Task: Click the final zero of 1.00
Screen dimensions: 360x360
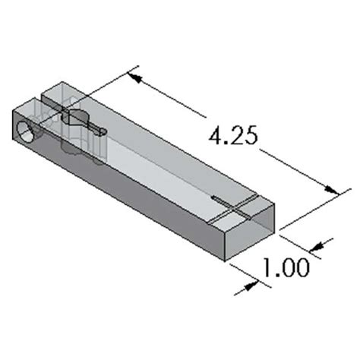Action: [301, 268]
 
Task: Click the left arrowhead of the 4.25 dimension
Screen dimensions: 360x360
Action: [133, 74]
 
